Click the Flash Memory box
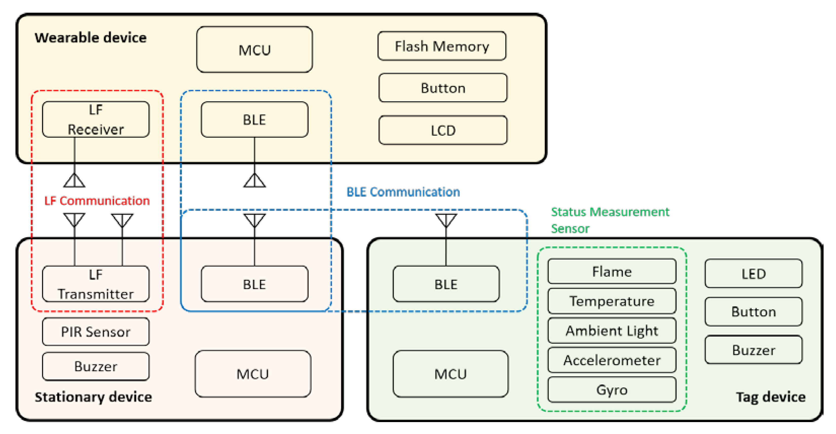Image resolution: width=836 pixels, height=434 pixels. click(x=442, y=46)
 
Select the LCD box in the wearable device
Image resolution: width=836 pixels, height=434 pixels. click(x=443, y=130)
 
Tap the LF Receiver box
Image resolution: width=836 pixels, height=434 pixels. click(x=96, y=119)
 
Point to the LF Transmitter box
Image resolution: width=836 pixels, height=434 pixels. click(x=96, y=284)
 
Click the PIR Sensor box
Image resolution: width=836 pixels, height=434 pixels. click(x=96, y=332)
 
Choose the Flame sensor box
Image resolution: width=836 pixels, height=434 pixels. click(x=612, y=271)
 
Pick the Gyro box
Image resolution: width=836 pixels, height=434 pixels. click(x=612, y=390)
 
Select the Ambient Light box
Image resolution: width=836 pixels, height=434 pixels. click(x=612, y=330)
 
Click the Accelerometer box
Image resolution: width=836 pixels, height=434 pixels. click(x=612, y=360)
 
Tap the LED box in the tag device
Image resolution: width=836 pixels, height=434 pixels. click(x=753, y=273)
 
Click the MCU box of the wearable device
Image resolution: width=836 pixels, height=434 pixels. click(x=254, y=50)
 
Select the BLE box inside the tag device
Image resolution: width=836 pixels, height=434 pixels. click(x=446, y=284)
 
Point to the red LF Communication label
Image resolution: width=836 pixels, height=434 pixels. click(x=97, y=201)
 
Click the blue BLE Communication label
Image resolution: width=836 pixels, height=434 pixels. click(x=403, y=192)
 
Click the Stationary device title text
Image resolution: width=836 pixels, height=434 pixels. click(x=93, y=397)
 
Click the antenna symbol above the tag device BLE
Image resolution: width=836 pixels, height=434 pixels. click(x=446, y=220)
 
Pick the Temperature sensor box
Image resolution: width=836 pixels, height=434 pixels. click(x=612, y=301)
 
